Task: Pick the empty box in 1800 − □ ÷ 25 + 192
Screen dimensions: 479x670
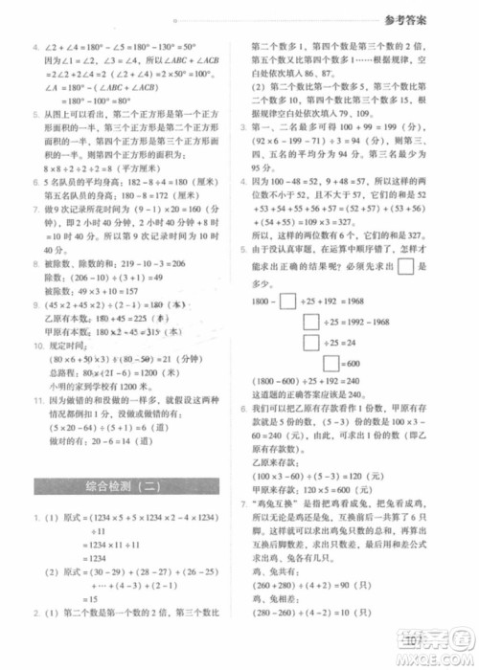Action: (286, 303)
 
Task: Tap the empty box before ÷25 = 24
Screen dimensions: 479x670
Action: (311, 343)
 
